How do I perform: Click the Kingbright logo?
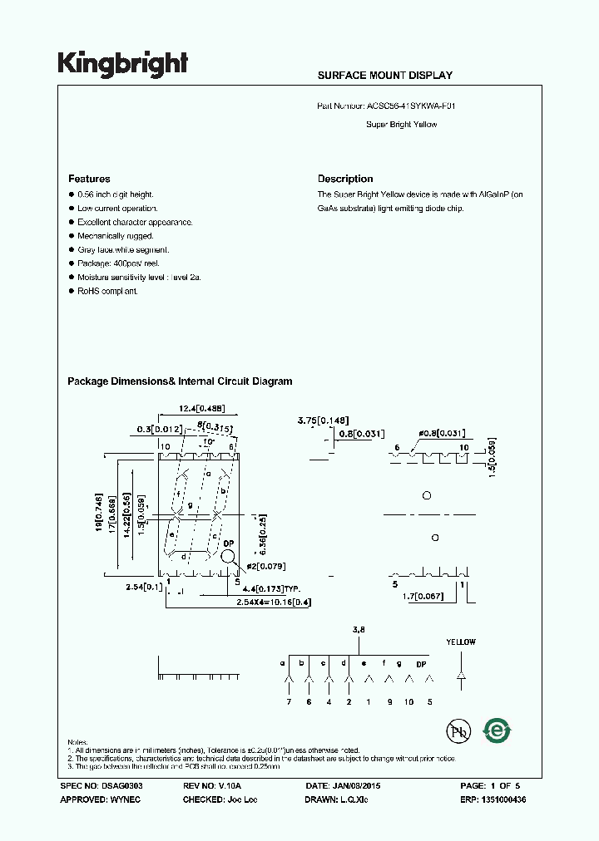(x=122, y=64)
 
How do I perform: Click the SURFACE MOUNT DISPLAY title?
(x=384, y=76)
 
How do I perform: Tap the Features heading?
(x=89, y=179)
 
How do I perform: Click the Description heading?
(x=345, y=179)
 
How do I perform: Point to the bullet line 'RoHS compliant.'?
(x=107, y=291)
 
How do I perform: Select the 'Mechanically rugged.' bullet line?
(x=116, y=236)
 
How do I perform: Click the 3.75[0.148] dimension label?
(x=323, y=420)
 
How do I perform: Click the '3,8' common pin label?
(x=359, y=631)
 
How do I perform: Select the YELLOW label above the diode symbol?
(x=461, y=642)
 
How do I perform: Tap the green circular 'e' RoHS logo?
(x=498, y=730)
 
